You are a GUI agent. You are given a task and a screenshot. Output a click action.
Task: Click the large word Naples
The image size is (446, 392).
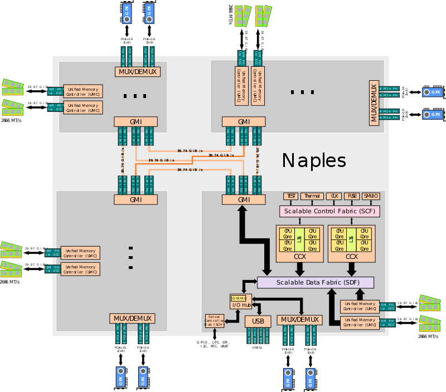(314, 160)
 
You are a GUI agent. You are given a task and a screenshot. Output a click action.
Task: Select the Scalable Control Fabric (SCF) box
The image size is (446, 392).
(329, 212)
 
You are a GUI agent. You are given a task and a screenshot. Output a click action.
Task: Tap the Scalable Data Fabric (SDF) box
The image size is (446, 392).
(315, 282)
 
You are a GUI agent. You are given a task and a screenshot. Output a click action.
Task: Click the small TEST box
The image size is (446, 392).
(290, 196)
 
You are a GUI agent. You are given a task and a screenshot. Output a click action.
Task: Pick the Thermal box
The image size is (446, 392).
(312, 196)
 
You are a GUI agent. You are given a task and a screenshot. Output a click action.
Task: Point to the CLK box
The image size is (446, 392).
(334, 196)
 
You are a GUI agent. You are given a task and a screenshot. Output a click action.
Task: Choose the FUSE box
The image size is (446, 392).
(352, 196)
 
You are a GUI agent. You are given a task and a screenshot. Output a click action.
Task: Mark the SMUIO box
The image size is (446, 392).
(371, 196)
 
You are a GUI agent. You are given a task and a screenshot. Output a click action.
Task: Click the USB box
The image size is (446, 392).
(258, 322)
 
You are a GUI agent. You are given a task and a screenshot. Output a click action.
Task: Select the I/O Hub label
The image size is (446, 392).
(241, 305)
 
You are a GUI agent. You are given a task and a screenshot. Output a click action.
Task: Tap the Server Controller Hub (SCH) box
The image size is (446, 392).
(214, 321)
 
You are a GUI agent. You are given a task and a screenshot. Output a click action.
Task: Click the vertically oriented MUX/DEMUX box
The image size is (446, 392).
(374, 101)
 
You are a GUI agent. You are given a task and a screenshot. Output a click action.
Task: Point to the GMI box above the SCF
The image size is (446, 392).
(244, 199)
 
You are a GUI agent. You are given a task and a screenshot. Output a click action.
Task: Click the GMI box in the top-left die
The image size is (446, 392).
(135, 121)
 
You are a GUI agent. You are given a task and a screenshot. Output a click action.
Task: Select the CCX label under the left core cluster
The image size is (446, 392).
(299, 257)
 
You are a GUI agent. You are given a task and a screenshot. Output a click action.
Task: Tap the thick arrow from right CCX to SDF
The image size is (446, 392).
(351, 269)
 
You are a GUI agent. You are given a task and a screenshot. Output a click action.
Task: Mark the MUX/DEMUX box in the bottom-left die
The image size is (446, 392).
(132, 318)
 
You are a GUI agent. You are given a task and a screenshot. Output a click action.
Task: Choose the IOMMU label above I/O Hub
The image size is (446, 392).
(239, 298)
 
